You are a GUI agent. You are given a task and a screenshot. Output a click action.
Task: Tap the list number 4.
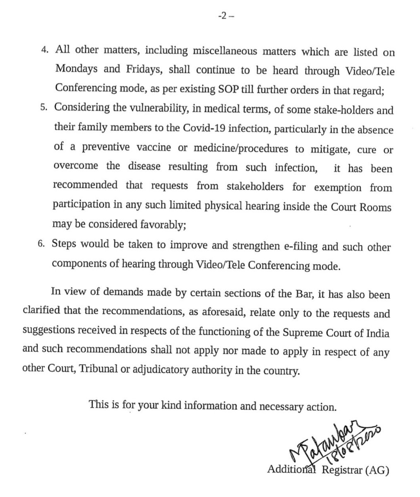tap(46, 53)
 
